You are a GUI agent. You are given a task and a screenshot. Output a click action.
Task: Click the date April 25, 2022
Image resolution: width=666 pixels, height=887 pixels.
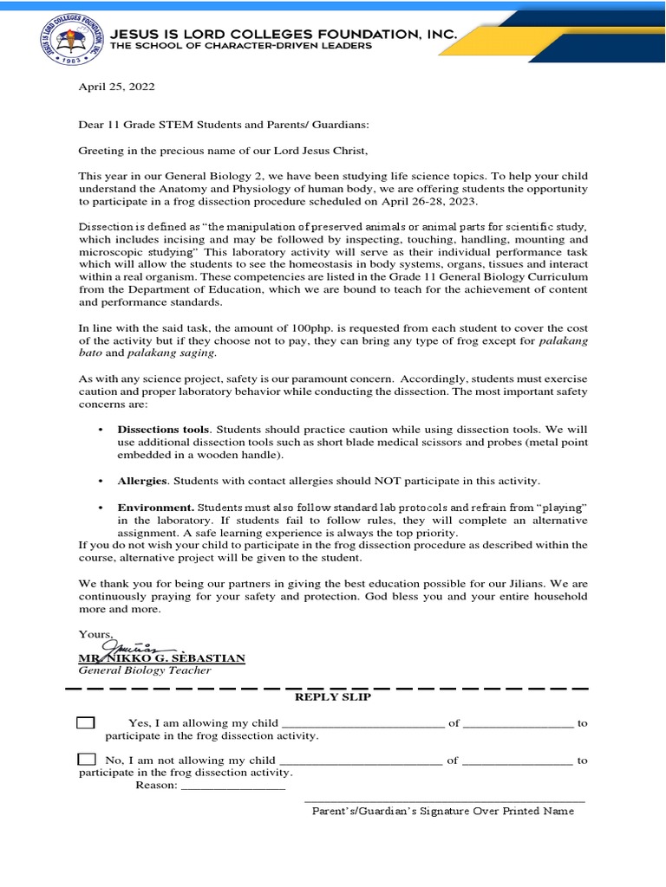click(117, 87)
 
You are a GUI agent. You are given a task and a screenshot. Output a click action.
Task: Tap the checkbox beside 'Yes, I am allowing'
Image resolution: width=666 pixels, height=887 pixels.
click(86, 722)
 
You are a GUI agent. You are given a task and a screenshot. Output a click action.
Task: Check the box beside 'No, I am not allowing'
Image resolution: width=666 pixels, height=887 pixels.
click(86, 760)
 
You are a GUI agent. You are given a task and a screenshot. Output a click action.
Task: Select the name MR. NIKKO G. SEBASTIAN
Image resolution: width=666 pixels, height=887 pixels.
click(162, 658)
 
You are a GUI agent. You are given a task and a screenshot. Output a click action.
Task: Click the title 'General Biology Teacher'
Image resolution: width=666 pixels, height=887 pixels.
click(145, 670)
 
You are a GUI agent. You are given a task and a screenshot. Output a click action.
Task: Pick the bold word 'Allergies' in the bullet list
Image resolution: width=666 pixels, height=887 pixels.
click(141, 480)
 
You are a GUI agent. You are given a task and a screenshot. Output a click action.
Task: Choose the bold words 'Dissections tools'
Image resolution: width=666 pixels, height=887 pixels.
click(163, 430)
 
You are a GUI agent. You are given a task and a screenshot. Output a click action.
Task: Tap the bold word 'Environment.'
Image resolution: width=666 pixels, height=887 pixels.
click(156, 507)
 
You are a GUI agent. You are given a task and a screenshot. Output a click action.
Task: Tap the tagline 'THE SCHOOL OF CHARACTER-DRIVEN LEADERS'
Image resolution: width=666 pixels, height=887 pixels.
click(241, 46)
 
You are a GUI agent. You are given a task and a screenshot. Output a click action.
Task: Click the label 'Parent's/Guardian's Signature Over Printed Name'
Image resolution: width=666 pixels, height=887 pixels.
click(443, 812)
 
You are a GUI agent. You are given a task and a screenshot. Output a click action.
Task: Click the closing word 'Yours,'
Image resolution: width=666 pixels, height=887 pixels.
click(95, 634)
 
